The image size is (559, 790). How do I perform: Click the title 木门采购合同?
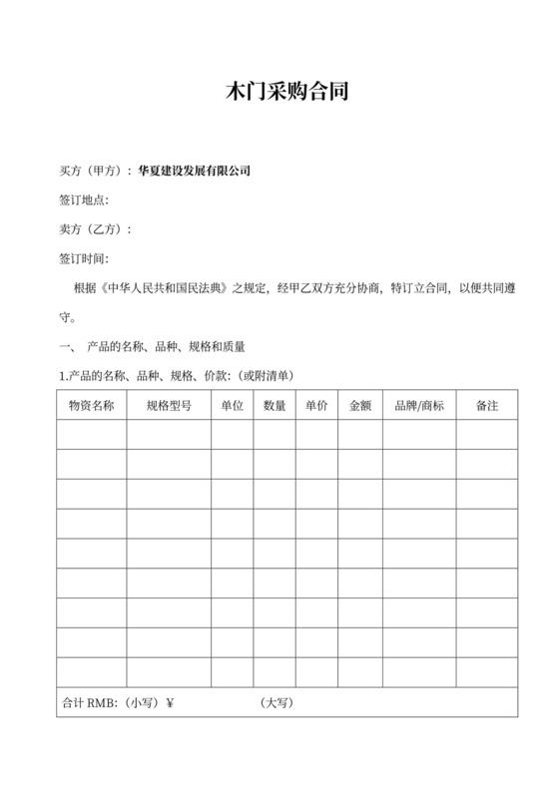coord(279,96)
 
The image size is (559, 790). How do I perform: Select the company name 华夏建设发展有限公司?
coord(194,172)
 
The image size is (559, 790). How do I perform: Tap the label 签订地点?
coord(81,200)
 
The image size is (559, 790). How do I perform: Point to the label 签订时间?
coord(81,259)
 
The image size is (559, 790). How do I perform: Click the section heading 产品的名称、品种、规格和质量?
coord(166,347)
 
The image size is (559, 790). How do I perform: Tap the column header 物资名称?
coord(91,407)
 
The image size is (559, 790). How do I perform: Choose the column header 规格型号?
coord(168,407)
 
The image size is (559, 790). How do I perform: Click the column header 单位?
coord(232,407)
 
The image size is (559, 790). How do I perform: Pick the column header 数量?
coord(275,407)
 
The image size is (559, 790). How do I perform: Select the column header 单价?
coord(316,407)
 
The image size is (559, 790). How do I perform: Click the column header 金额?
coord(359,407)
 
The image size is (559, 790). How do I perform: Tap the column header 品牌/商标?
coord(419,407)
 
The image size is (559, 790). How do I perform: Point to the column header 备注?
coord(487,407)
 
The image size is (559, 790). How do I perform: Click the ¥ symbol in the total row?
coord(170,702)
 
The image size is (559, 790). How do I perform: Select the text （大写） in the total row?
coord(277,702)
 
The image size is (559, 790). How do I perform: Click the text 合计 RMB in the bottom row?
coord(88,702)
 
